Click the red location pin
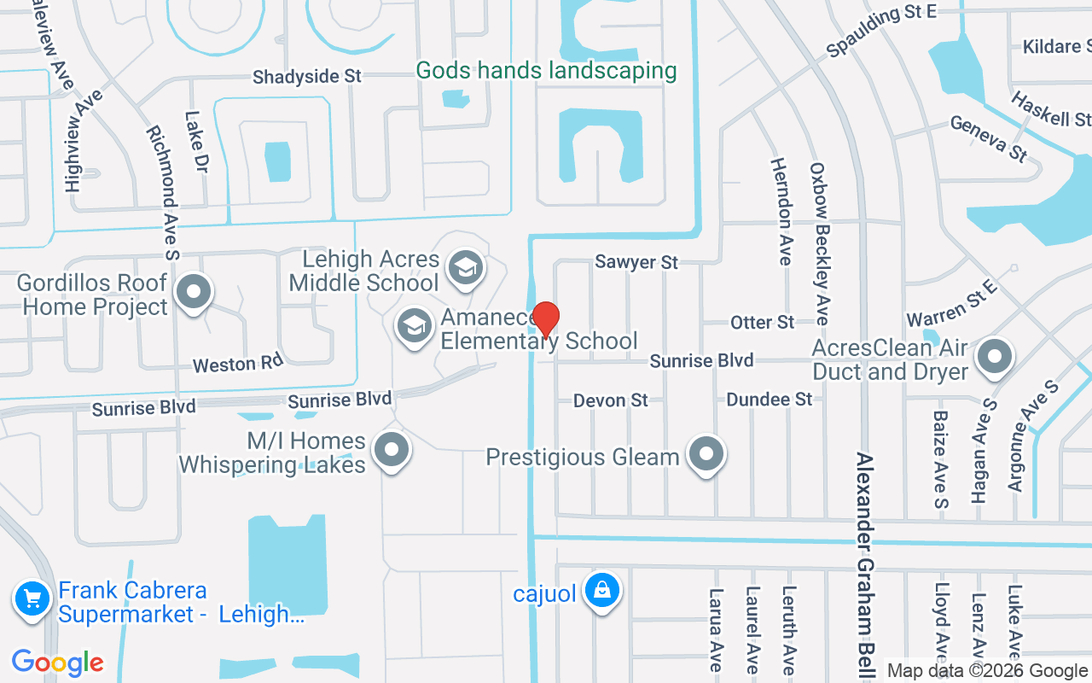click(x=545, y=319)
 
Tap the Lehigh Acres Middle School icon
click(x=465, y=267)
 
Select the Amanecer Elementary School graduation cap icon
click(x=415, y=325)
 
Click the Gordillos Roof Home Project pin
click(x=194, y=291)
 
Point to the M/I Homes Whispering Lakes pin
click(x=392, y=448)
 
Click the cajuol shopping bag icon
click(x=602, y=590)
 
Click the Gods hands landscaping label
click(x=546, y=70)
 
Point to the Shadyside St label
click(x=307, y=76)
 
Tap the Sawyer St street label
click(x=636, y=262)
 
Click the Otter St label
click(x=762, y=322)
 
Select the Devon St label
click(x=610, y=400)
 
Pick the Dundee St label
click(x=769, y=399)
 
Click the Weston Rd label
click(x=237, y=364)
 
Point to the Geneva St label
click(x=990, y=138)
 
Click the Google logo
click(x=57, y=662)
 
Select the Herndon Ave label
click(x=780, y=210)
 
